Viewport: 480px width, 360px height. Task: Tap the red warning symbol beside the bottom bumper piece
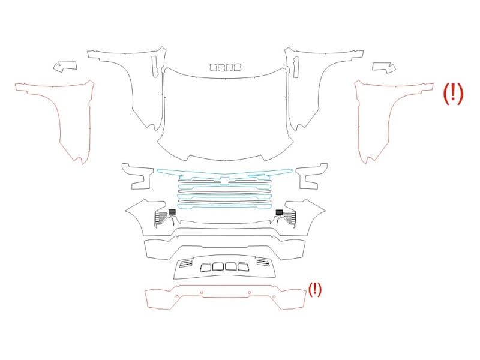[x=314, y=289]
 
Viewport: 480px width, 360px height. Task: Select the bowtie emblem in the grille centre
[x=225, y=181]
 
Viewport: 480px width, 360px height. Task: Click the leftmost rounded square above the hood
[x=214, y=67]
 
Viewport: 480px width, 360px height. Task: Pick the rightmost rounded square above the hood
[x=237, y=67]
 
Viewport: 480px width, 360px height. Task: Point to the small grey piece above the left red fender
[x=65, y=66]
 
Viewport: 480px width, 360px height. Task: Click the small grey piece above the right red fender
[x=384, y=67]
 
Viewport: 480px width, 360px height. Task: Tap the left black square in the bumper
[x=172, y=212]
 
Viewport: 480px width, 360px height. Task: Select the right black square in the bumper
[x=279, y=212]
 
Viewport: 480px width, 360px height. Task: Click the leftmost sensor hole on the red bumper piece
[x=177, y=296]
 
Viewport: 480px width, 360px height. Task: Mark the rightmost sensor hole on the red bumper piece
[x=274, y=296]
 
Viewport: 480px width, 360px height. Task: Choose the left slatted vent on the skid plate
[x=186, y=263]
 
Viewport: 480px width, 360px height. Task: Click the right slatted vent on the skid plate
[x=263, y=262]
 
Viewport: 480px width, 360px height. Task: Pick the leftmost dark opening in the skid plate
[x=205, y=268]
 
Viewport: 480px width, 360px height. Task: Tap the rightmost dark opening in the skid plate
[x=243, y=267]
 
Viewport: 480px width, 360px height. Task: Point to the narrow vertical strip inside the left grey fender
[x=154, y=67]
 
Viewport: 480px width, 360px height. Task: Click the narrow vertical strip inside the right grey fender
[x=296, y=67]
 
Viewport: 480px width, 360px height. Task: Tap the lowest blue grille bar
[x=225, y=206]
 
